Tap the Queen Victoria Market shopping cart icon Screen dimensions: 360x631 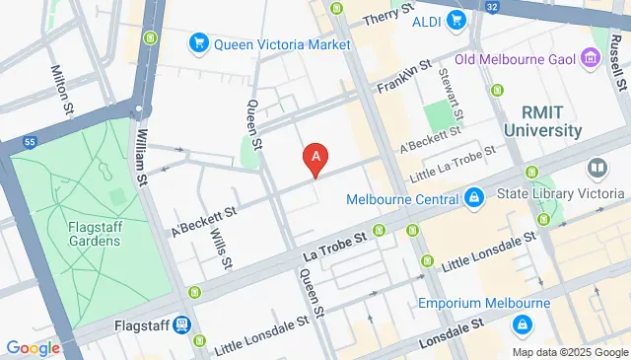pyautogui.click(x=198, y=43)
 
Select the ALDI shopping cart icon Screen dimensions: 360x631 pyautogui.click(x=455, y=20)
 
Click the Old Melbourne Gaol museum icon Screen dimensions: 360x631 pyautogui.click(x=590, y=56)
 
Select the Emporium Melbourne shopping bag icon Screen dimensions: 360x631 pyautogui.click(x=520, y=323)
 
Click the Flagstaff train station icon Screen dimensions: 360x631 pyautogui.click(x=182, y=324)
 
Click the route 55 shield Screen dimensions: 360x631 pyautogui.click(x=30, y=142)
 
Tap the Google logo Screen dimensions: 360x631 pyautogui.click(x=33, y=347)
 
